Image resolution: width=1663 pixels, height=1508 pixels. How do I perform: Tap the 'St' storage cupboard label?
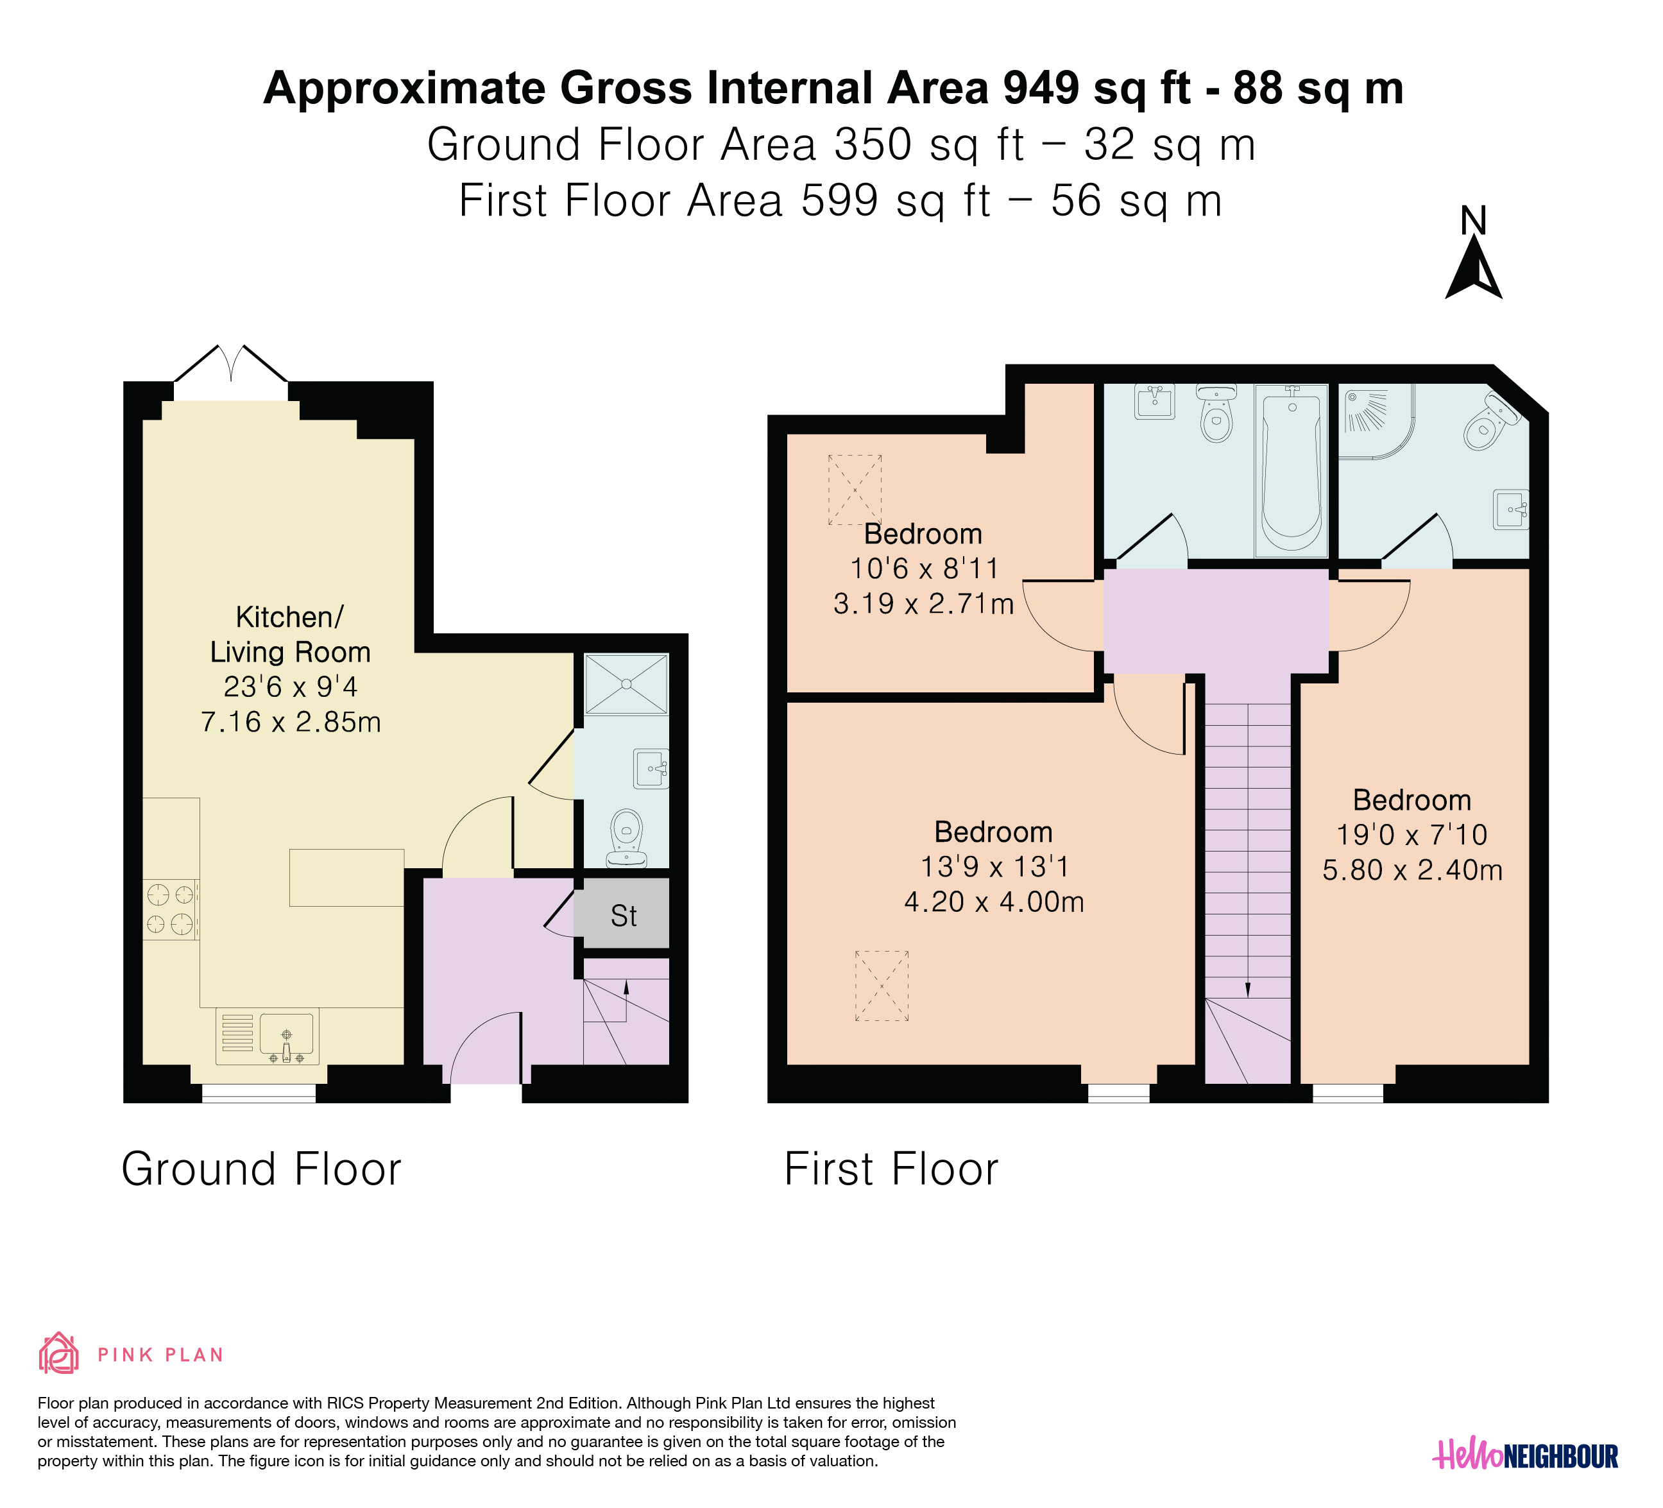(x=624, y=916)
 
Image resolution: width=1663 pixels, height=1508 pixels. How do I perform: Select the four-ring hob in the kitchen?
(x=171, y=909)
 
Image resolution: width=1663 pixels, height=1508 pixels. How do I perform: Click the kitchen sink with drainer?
(x=268, y=1036)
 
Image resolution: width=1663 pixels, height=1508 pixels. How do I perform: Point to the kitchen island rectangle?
(x=346, y=878)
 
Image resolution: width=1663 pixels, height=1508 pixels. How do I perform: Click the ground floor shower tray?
(x=626, y=684)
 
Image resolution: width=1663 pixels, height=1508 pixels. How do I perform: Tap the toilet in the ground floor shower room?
(x=627, y=837)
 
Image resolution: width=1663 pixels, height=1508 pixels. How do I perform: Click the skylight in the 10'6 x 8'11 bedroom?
(x=855, y=490)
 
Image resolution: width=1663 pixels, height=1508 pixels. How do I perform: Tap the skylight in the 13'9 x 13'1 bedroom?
(x=882, y=986)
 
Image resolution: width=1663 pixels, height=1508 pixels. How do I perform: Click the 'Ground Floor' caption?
(x=262, y=1169)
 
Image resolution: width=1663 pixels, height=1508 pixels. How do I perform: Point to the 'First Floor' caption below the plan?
(x=891, y=1169)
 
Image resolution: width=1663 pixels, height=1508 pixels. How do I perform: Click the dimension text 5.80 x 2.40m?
(x=1412, y=870)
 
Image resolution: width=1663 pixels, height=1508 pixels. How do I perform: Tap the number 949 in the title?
(x=1041, y=89)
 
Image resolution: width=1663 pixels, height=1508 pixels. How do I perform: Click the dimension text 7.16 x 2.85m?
(x=291, y=722)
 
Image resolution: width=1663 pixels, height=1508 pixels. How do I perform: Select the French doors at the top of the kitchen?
(x=231, y=364)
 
